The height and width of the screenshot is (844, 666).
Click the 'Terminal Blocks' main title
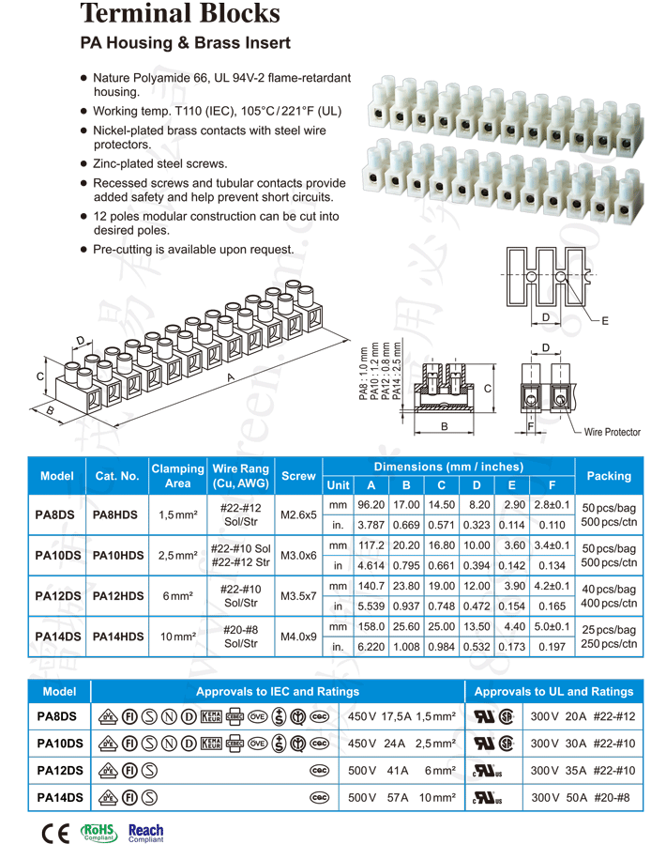[x=180, y=14]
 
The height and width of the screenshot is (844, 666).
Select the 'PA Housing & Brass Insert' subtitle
[x=185, y=43]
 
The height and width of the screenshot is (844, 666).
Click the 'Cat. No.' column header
[x=117, y=476]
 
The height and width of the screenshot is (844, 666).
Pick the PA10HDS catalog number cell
[x=117, y=556]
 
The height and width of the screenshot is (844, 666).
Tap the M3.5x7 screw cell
[x=298, y=595]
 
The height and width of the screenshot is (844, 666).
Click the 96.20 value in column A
[x=371, y=505]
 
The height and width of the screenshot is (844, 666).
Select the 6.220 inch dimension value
[x=371, y=647]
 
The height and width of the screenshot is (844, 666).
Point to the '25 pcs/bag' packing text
[x=610, y=629]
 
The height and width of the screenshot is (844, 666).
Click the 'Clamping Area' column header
[x=177, y=476]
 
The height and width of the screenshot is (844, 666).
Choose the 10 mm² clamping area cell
[x=177, y=637]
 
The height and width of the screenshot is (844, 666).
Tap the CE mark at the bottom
[x=55, y=832]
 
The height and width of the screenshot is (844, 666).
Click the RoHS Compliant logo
[x=98, y=831]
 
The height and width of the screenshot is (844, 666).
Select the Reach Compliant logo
[x=145, y=831]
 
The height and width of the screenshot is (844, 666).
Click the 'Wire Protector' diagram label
[x=612, y=432]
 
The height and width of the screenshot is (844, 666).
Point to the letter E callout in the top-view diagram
[x=605, y=321]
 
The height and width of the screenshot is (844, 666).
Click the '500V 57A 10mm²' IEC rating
[x=402, y=798]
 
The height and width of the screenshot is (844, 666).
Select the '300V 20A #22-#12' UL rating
[x=583, y=717]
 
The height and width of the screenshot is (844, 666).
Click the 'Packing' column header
[x=609, y=476]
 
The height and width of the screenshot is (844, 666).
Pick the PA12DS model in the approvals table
[x=59, y=771]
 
